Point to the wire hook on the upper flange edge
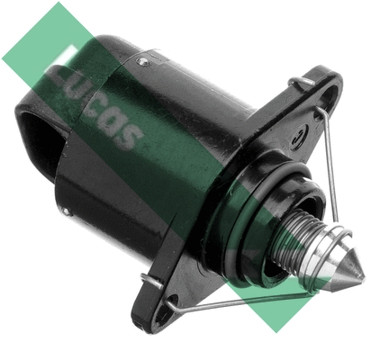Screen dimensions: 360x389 300,83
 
